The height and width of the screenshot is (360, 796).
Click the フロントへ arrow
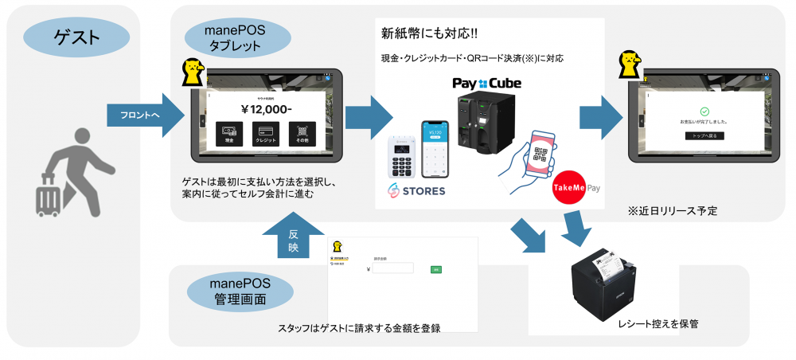(144, 115)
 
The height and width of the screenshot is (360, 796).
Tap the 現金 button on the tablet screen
(229, 132)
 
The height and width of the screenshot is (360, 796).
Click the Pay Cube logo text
(486, 83)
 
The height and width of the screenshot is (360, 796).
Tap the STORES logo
(417, 191)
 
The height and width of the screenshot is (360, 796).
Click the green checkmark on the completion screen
(704, 112)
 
